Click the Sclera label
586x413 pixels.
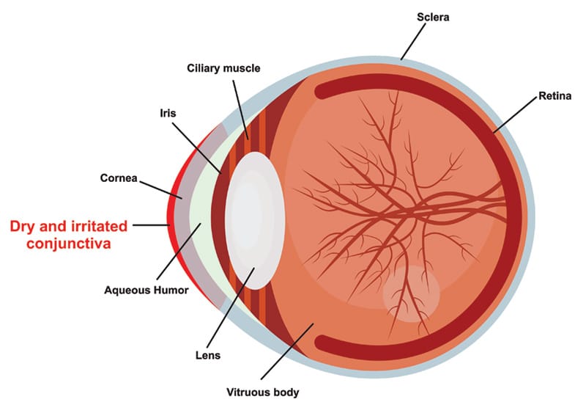coord(432,15)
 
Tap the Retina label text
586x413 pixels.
coord(555,95)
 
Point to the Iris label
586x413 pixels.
coord(168,114)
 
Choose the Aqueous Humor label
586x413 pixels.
coord(146,290)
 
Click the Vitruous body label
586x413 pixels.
coord(263,392)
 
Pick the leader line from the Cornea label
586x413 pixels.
coord(160,188)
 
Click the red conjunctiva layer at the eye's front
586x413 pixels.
coord(171,220)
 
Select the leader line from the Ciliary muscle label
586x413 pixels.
coord(242,106)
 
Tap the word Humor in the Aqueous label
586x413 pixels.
coord(170,290)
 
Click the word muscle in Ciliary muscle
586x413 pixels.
coord(242,68)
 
